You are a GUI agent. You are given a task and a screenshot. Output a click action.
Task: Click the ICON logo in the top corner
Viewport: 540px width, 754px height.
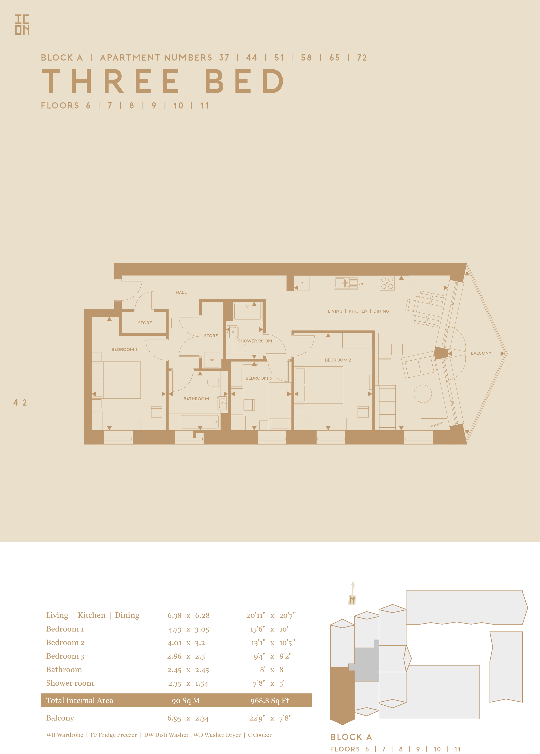click(22, 25)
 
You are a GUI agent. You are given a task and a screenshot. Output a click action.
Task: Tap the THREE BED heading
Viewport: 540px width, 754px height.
click(163, 81)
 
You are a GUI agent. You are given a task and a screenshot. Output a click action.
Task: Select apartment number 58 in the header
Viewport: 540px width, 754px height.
click(306, 58)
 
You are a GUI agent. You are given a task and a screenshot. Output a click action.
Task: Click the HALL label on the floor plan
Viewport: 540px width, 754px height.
click(181, 292)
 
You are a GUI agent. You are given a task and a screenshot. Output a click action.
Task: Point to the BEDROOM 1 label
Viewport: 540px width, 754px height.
click(124, 350)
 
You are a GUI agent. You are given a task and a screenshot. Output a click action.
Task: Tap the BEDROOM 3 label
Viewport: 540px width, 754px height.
click(258, 378)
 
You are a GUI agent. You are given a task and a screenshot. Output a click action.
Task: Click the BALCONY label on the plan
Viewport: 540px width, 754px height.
click(481, 353)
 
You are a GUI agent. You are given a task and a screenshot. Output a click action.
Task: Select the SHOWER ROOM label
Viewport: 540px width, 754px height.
click(255, 341)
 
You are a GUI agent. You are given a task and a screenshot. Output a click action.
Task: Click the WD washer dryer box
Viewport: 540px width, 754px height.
click(212, 359)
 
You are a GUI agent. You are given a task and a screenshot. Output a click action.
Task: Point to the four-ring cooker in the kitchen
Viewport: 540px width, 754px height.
click(387, 283)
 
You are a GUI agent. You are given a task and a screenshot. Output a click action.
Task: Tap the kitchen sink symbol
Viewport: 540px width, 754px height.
click(346, 283)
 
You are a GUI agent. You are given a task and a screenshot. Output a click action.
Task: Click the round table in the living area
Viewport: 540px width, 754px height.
click(423, 394)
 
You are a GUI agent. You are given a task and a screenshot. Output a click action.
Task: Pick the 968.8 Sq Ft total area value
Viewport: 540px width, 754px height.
click(270, 701)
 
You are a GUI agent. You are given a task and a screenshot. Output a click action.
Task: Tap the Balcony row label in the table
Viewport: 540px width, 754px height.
click(60, 718)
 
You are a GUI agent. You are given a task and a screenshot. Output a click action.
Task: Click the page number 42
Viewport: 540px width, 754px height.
click(20, 403)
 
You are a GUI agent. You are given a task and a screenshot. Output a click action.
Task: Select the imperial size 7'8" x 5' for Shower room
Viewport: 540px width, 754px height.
click(269, 683)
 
